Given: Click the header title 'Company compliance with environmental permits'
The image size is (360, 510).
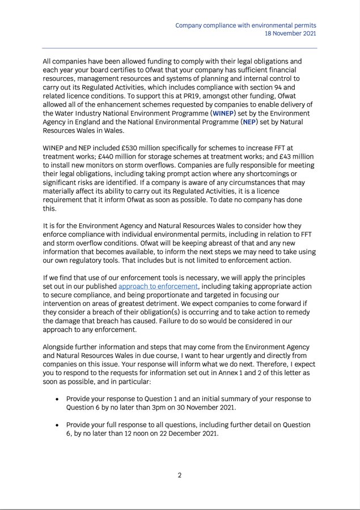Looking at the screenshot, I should (245, 25).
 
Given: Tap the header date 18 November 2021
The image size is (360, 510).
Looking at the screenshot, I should (290, 34).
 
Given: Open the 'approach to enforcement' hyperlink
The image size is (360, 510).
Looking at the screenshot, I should (158, 287).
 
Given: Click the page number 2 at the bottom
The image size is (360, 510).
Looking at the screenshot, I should (180, 475).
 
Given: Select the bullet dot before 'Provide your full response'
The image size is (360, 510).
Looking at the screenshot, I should (57, 425).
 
